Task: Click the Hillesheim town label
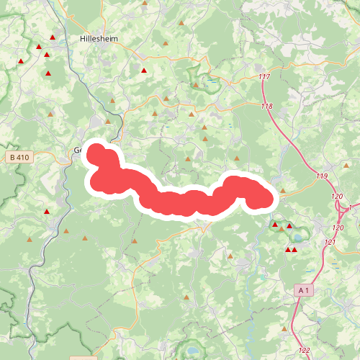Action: click(100, 38)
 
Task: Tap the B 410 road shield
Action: click(22, 156)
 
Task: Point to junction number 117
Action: click(263, 77)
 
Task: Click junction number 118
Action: click(267, 107)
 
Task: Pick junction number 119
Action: click(321, 176)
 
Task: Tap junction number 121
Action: click(330, 242)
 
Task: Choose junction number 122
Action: click(304, 350)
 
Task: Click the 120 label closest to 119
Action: click(336, 196)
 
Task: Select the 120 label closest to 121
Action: click(338, 228)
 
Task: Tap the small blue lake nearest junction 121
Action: click(335, 264)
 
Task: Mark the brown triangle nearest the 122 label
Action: click(284, 329)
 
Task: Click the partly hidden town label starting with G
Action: click(77, 150)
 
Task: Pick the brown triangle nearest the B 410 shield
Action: click(50, 114)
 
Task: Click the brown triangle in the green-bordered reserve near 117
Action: click(195, 85)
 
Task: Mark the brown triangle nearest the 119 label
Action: click(282, 192)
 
